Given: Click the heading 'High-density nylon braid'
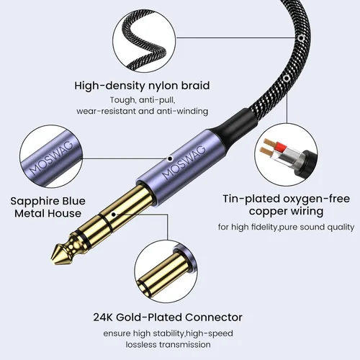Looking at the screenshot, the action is pos(142,86).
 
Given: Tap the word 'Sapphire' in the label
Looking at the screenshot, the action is pos(34,202).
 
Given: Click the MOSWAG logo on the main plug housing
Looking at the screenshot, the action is pos(184,162).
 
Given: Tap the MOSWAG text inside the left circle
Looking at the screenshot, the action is pos(51,158).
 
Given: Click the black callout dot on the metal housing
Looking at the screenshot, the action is pos(170,158).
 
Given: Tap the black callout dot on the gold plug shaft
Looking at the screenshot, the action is pos(114,215).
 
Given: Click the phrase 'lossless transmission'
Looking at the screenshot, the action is pos(168,345).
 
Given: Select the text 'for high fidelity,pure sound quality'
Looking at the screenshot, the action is pos(286,227).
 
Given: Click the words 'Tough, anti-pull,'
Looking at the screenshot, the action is pos(143,100).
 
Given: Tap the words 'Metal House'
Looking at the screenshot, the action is pos(48,213).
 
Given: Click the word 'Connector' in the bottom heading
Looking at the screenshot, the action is pos(214,318).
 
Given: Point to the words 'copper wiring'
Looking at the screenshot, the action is pos(286,212).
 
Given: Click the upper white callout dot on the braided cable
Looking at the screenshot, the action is pos(300,37).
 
